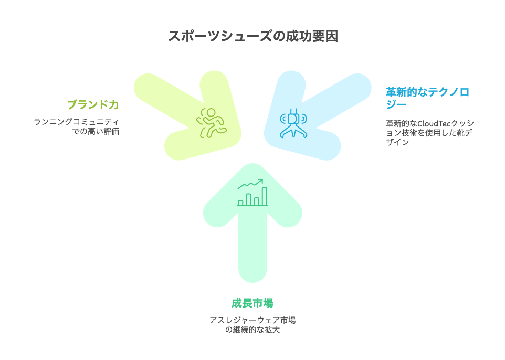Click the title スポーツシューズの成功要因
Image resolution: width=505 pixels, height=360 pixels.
(x=253, y=36)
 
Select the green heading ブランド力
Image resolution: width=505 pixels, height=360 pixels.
(x=93, y=104)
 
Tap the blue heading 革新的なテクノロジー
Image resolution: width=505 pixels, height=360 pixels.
(x=427, y=98)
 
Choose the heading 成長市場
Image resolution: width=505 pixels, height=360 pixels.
(x=252, y=303)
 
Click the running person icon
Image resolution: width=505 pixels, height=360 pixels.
(x=212, y=123)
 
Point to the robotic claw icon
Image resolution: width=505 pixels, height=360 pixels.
(x=293, y=123)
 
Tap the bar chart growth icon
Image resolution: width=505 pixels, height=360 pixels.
(x=252, y=193)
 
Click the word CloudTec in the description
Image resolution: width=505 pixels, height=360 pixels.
(x=434, y=123)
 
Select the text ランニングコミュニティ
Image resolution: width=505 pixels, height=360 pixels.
(x=76, y=122)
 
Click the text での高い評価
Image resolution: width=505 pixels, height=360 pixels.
(x=96, y=131)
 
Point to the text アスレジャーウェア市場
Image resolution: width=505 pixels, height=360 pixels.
(x=252, y=320)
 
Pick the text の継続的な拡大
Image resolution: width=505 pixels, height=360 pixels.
(x=252, y=330)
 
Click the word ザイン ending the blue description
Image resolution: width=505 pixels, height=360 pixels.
(x=397, y=142)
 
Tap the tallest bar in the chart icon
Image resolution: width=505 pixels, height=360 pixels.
(x=264, y=196)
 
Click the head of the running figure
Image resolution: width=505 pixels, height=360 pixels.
(x=211, y=113)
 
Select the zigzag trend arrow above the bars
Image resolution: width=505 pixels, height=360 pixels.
(x=250, y=184)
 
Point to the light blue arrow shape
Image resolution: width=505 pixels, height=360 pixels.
(x=317, y=116)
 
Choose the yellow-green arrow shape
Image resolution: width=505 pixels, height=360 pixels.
(x=188, y=116)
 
